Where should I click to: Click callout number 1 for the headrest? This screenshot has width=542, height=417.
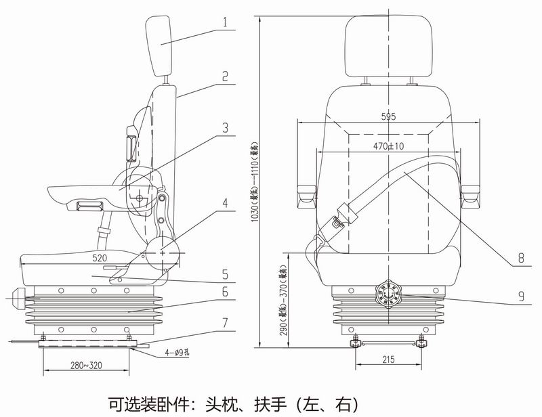click(224, 20)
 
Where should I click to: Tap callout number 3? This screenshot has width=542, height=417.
click(224, 127)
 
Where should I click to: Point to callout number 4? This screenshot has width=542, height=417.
click(224, 202)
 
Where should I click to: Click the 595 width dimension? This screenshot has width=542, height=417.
click(388, 117)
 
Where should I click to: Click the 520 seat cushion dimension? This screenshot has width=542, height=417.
click(99, 259)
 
